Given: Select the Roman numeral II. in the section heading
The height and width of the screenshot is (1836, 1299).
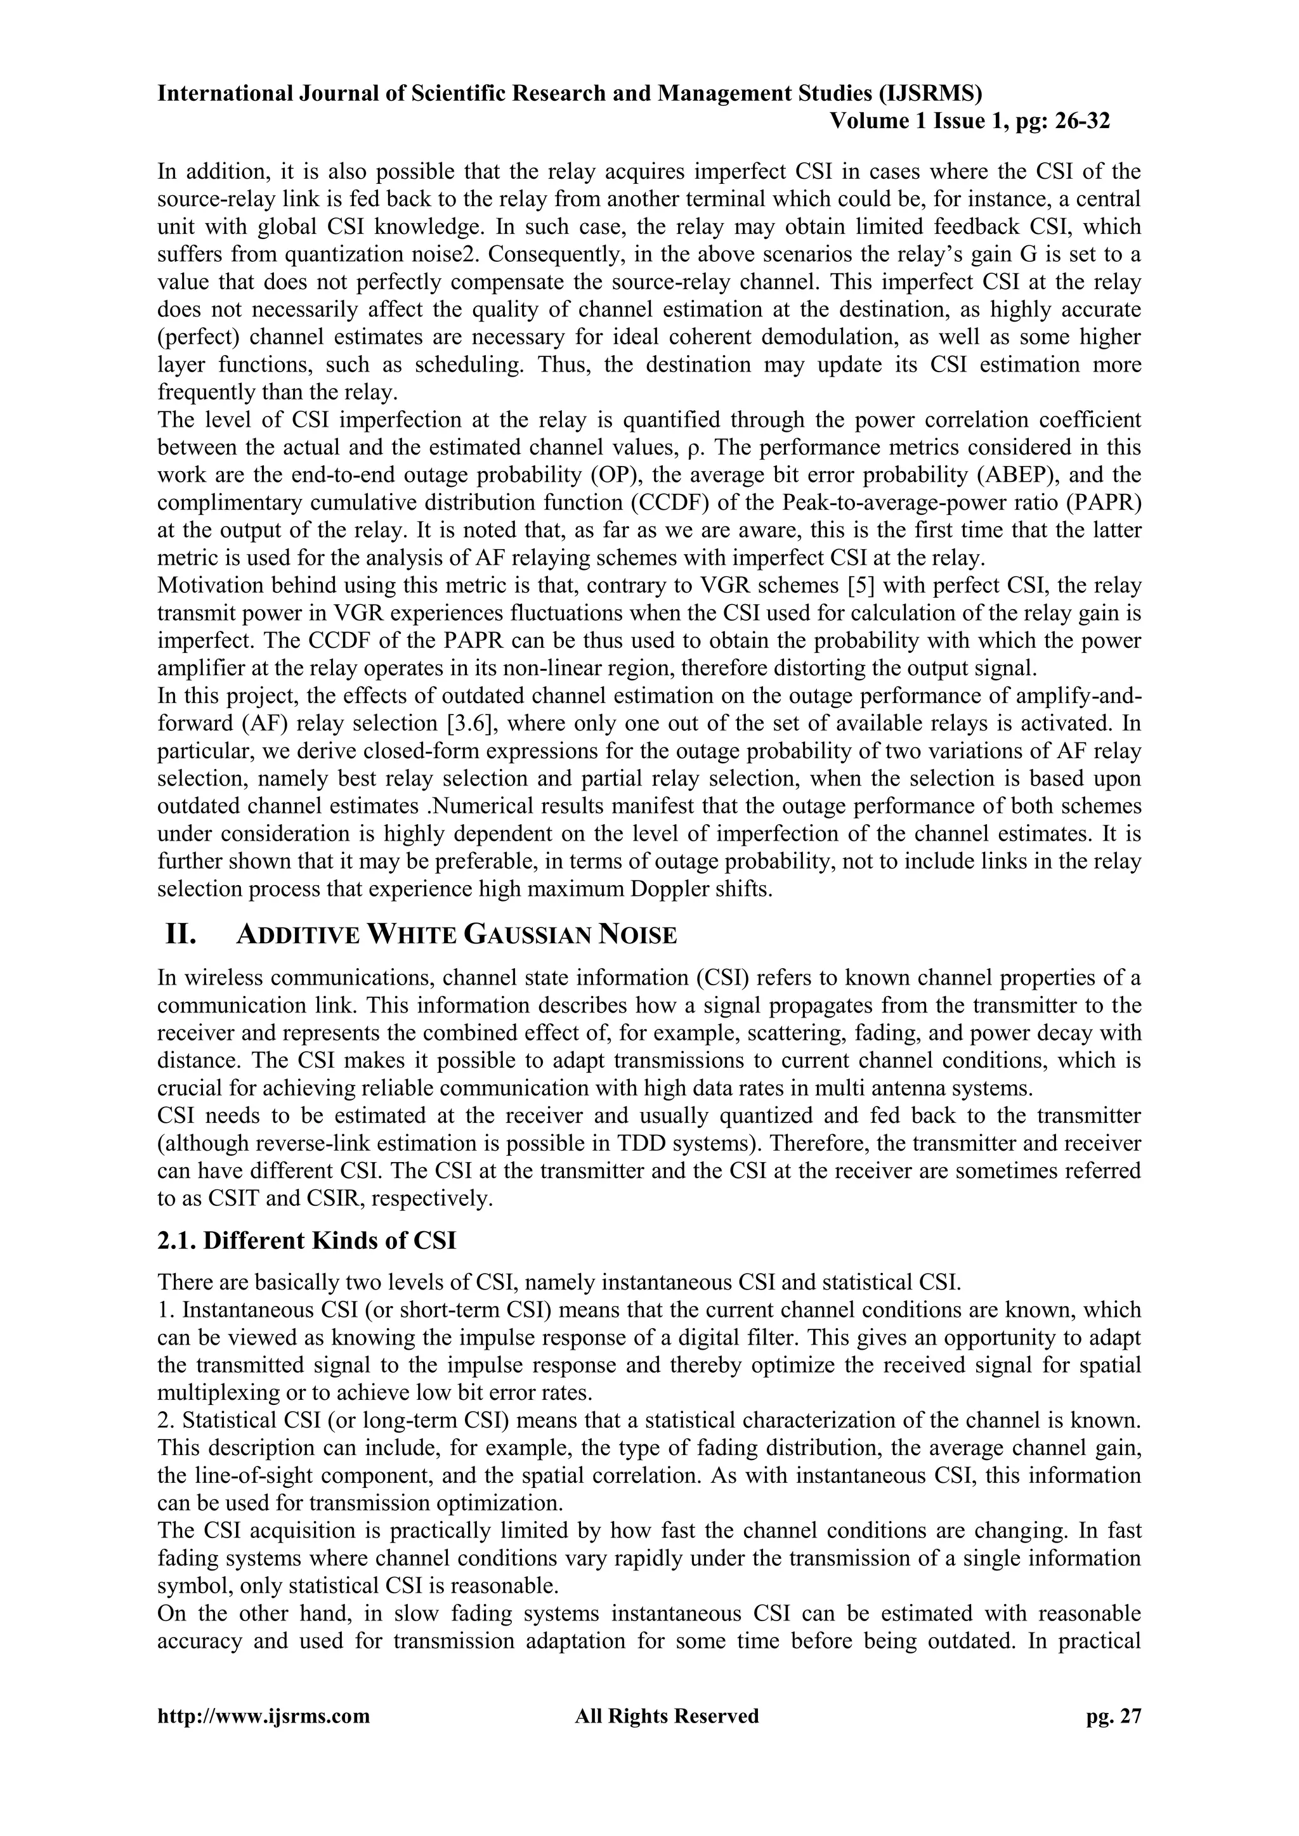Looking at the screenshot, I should pyautogui.click(x=181, y=934).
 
